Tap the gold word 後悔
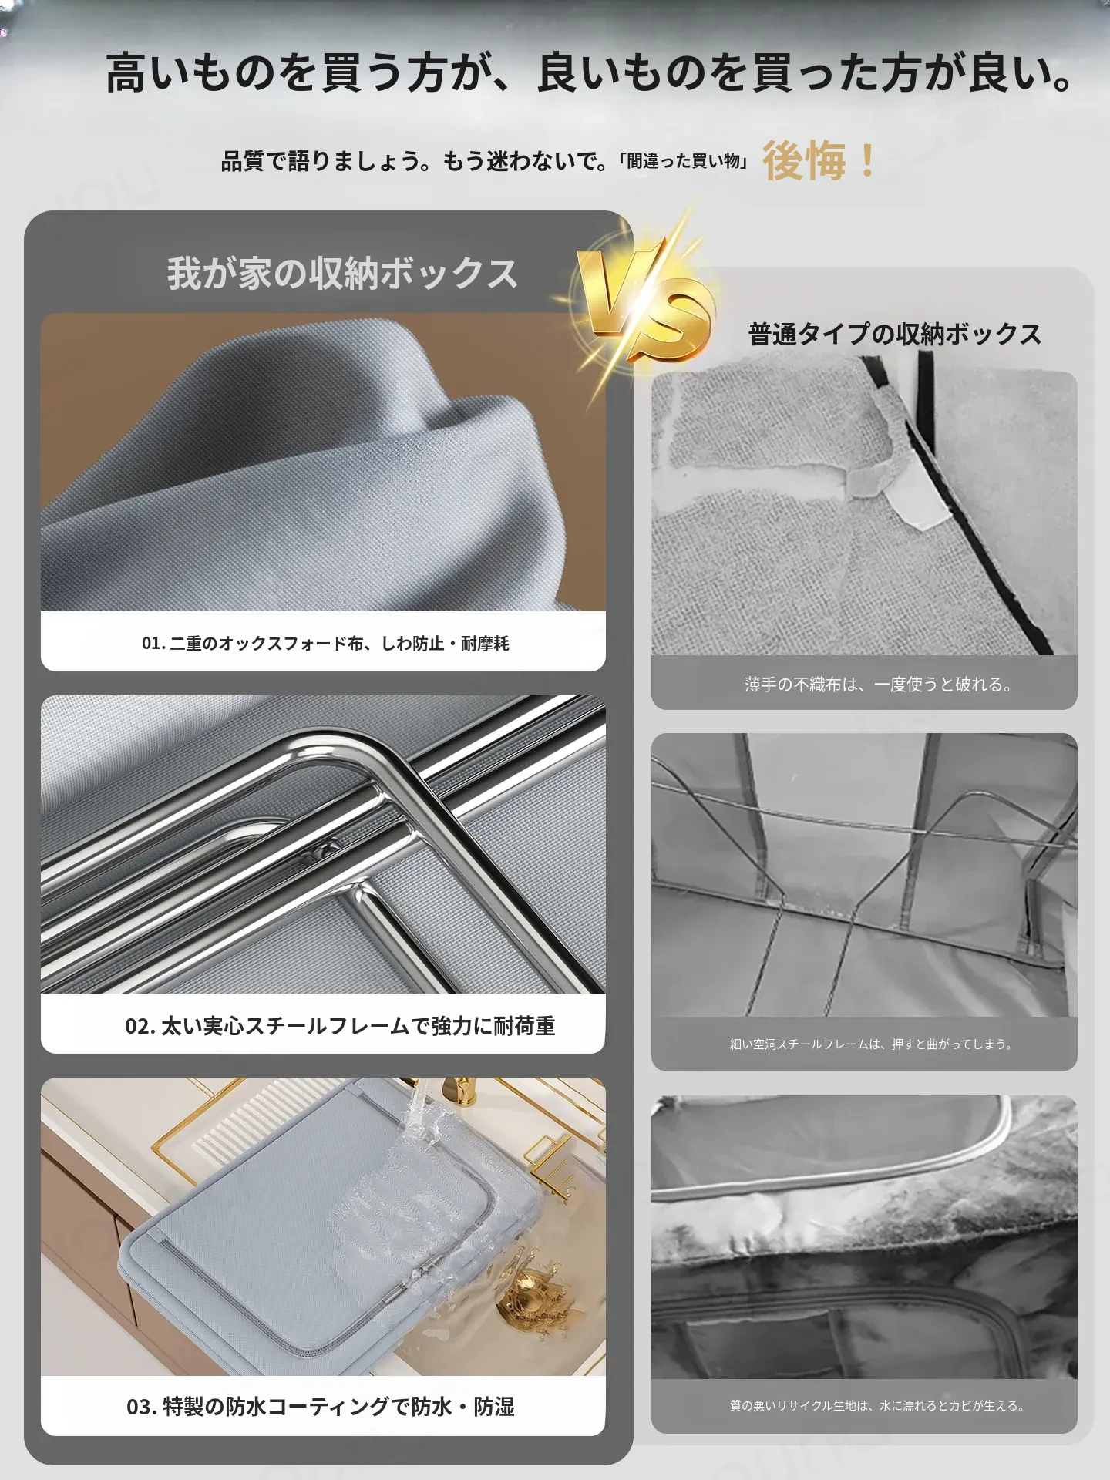coord(804,161)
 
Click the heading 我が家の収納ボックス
coord(342,274)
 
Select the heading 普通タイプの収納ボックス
coord(895,334)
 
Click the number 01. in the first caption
coord(153,643)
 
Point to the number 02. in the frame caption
coord(140,1026)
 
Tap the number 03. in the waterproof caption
coord(142,1407)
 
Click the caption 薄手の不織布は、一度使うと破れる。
coord(879,684)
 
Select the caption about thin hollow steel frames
coord(871,1044)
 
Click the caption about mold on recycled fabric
coord(877,1406)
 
